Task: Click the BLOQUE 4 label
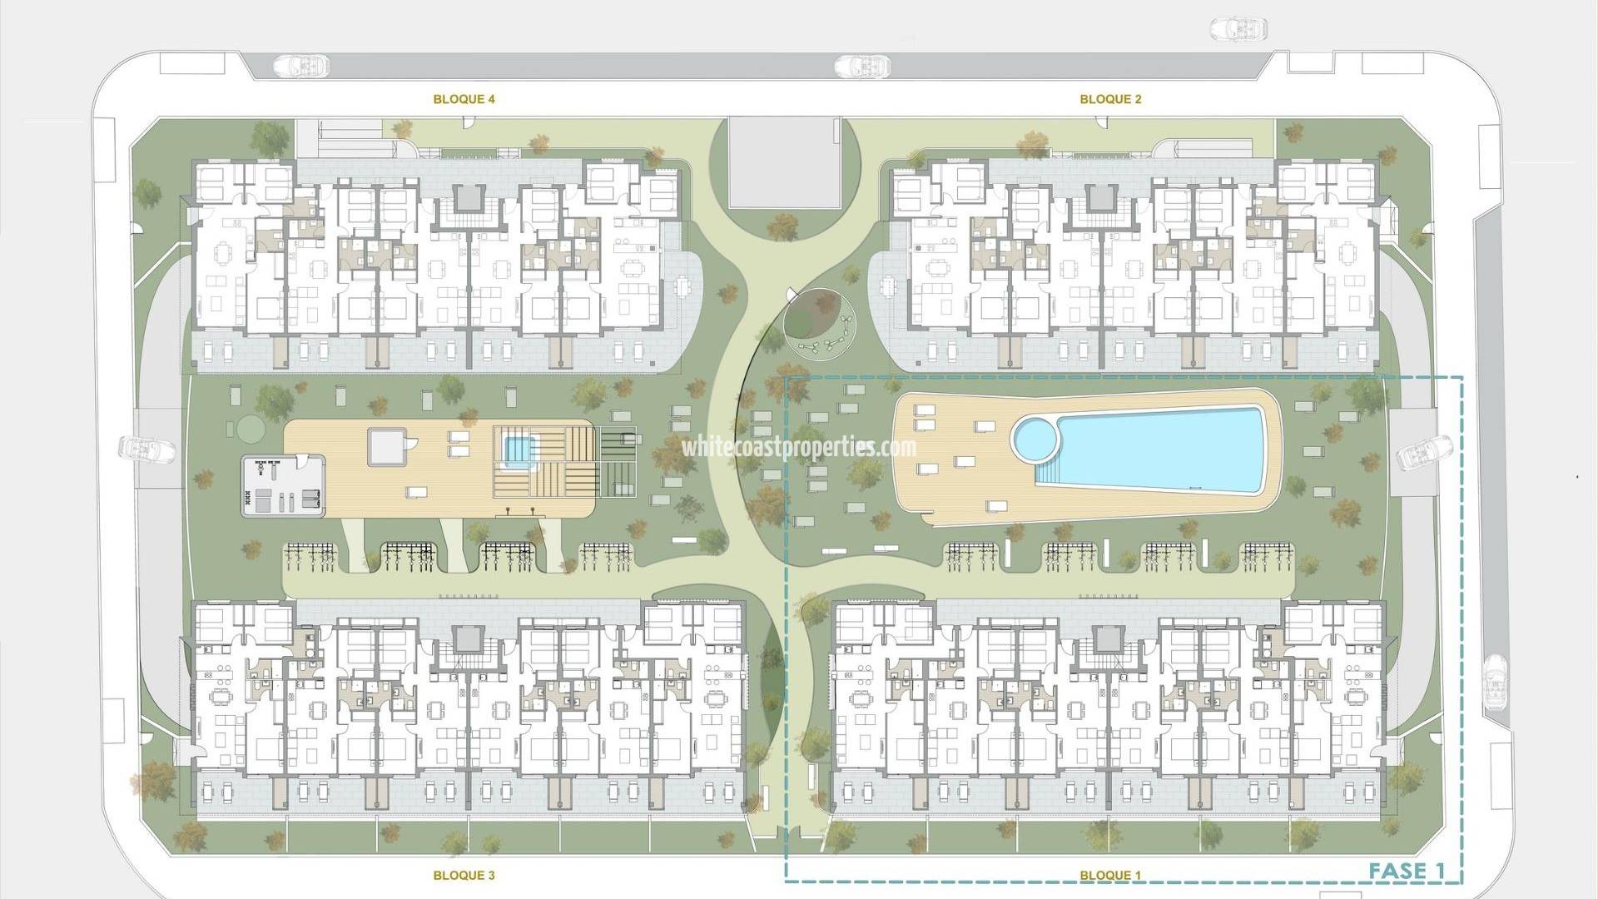(464, 99)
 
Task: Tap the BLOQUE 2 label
(1110, 99)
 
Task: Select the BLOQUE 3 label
(464, 875)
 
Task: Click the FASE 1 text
(1407, 871)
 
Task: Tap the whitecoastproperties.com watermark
(799, 447)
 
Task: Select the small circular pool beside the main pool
(1034, 439)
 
